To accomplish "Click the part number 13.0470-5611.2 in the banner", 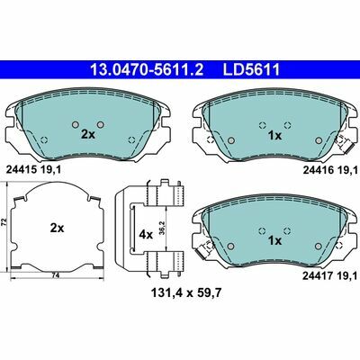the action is coord(147,69).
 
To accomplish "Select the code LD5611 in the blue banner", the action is coord(251,69).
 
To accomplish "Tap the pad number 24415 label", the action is coord(21,170).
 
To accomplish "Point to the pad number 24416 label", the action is coord(318,170).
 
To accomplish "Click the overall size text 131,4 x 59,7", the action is coord(186,292).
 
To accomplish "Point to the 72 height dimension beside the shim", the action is coord(4,222).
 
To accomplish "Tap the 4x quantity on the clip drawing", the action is coord(146,235).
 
